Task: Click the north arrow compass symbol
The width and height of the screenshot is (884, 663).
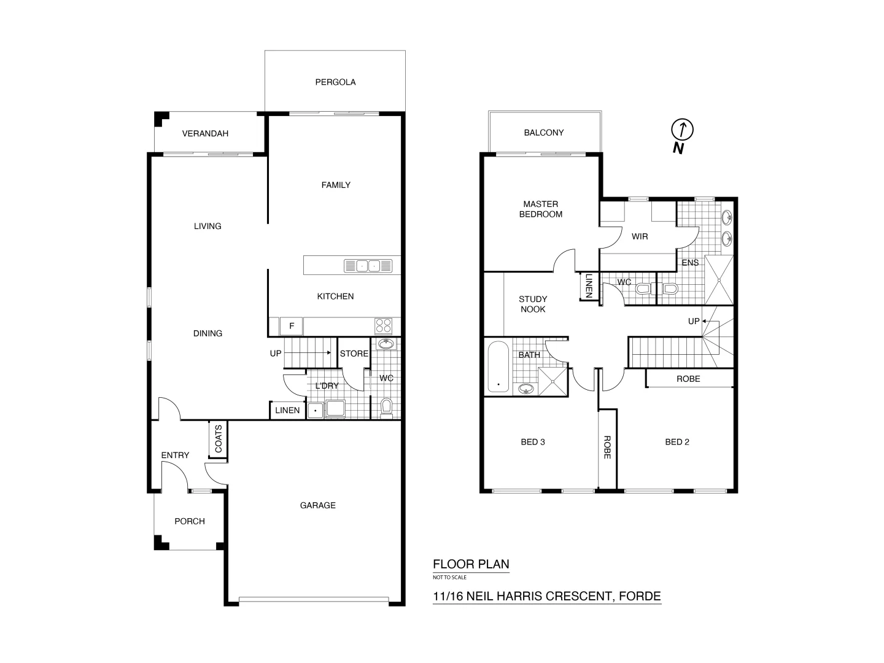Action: pos(682,130)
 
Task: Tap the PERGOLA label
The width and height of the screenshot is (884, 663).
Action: pos(335,82)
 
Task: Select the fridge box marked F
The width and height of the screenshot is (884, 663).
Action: pos(292,326)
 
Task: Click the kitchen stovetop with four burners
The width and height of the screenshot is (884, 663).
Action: pos(384,325)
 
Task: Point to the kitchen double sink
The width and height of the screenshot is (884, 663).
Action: pos(368,266)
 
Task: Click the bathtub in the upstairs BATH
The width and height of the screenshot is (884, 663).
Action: pos(497,367)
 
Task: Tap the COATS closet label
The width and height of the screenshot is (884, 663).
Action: pos(218,439)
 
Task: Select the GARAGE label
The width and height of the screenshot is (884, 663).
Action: pos(317,505)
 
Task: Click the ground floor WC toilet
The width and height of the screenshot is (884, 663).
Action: pos(386,406)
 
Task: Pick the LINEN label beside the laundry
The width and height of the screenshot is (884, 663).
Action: pos(287,410)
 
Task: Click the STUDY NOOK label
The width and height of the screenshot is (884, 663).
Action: pos(533,304)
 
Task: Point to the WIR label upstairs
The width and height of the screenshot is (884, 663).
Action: pos(640,236)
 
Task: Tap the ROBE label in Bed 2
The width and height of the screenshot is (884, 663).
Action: pos(688,379)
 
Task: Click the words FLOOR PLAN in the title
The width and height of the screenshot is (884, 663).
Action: pos(471,564)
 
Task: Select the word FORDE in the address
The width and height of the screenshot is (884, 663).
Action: pos(640,595)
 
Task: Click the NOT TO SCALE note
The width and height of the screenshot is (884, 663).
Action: pos(449,577)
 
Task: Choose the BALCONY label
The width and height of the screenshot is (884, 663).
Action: pos(543,133)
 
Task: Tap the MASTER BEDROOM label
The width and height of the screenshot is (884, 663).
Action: pos(541,209)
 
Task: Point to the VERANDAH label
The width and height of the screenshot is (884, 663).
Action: pos(205,133)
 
